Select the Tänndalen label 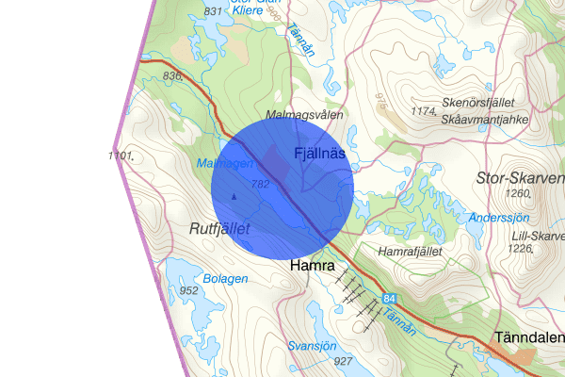pos(530,337)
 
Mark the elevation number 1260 pos(519,194)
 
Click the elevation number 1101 pos(123,155)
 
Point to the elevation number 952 pos(188,290)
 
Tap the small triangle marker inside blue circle pos(234,196)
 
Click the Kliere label pos(247,10)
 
